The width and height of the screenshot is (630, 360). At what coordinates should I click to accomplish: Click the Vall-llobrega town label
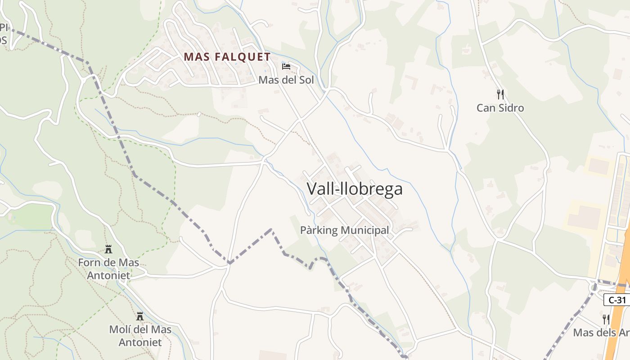(x=355, y=189)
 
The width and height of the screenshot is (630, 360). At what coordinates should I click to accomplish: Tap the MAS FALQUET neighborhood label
(x=227, y=57)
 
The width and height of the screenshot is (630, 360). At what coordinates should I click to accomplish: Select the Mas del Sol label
(x=286, y=80)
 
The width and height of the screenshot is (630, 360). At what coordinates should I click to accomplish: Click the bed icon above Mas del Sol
(x=286, y=67)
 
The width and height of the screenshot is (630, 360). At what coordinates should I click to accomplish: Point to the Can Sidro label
(x=500, y=108)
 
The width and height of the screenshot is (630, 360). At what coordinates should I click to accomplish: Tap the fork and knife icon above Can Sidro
(x=500, y=94)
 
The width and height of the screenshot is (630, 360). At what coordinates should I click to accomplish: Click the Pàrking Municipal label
(x=344, y=230)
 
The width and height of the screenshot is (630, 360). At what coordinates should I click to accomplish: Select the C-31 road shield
(x=617, y=300)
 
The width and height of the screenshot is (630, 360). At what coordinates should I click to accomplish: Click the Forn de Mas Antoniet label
(x=108, y=269)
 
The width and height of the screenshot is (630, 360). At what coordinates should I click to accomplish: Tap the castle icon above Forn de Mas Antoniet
(x=108, y=249)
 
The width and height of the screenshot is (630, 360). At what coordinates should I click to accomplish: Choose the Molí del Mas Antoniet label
(x=140, y=336)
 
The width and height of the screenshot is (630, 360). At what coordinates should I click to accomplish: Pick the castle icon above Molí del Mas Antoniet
(x=140, y=316)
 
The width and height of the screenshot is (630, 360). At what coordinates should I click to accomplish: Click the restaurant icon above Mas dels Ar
(x=606, y=319)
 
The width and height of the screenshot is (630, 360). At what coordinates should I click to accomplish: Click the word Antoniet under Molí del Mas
(x=140, y=342)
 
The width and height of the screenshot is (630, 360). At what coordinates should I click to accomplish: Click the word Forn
(x=89, y=262)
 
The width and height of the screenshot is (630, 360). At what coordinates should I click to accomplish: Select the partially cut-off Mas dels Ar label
(x=601, y=333)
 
